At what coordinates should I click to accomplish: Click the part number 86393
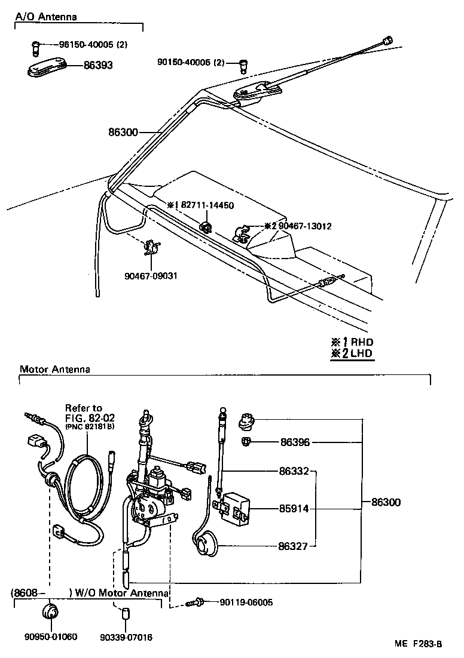pos(98,66)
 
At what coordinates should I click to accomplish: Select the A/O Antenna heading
pos(46,17)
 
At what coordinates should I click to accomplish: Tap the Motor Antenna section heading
pos(55,369)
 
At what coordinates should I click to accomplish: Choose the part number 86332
pos(294,471)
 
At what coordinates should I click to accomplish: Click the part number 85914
pos(294,509)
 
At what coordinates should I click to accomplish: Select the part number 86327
pos(294,545)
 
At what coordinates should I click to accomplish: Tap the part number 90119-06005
pos(246,602)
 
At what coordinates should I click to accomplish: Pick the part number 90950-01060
pos(51,637)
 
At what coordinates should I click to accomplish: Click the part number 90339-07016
pos(126,637)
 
